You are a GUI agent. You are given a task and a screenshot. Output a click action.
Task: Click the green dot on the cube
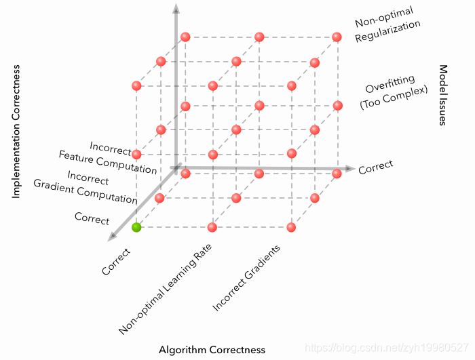pos(136,227)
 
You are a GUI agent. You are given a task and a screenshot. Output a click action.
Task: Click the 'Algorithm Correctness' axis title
pos(212,350)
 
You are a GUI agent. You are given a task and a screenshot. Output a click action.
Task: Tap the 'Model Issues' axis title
pos(442,96)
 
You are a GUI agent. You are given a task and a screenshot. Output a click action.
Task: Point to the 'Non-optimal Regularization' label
pos(386,27)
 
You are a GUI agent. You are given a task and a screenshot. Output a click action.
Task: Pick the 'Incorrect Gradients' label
pos(246,278)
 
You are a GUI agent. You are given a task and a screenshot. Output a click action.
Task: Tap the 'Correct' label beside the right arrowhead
pos(375,168)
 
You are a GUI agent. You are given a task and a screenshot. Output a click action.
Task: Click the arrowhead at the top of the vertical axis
pos(176,9)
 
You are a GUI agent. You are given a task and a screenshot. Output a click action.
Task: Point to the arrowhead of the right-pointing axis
pos(349,168)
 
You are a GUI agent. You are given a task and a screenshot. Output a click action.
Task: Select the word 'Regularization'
pos(388,33)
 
